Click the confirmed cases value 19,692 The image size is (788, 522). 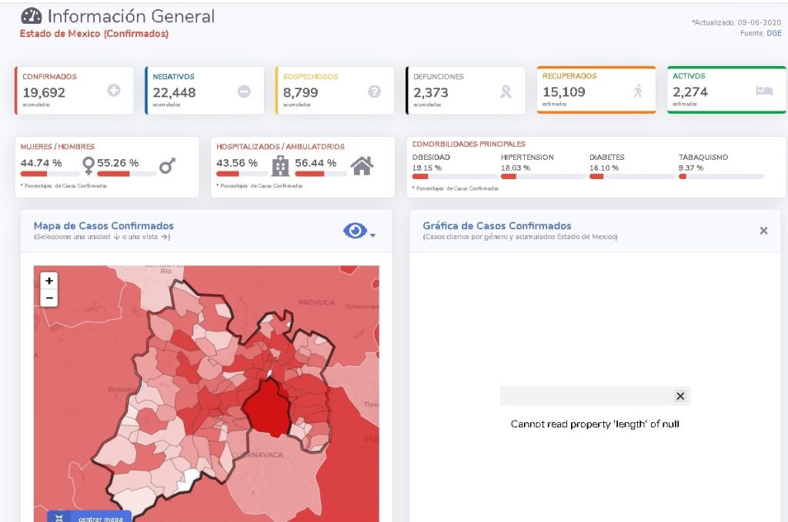point(44,92)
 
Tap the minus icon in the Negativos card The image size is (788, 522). point(244,91)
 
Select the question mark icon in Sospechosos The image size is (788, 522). point(375,91)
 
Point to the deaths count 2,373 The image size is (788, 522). point(430,92)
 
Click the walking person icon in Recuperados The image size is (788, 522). point(637,91)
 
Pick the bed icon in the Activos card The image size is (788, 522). point(764,91)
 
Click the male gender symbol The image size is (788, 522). point(167,165)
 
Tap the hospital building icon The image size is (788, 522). point(280,165)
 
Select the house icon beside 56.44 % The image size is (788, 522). point(362,165)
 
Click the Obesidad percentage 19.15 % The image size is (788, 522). point(426,168)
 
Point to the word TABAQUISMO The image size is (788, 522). point(703,157)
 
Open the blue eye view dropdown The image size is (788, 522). point(359,231)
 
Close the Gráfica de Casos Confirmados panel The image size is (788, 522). point(763,231)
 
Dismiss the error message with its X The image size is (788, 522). point(679,396)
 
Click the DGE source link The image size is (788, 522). point(773,32)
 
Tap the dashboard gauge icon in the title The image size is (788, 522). point(32,15)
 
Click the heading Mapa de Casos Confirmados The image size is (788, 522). point(104,226)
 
